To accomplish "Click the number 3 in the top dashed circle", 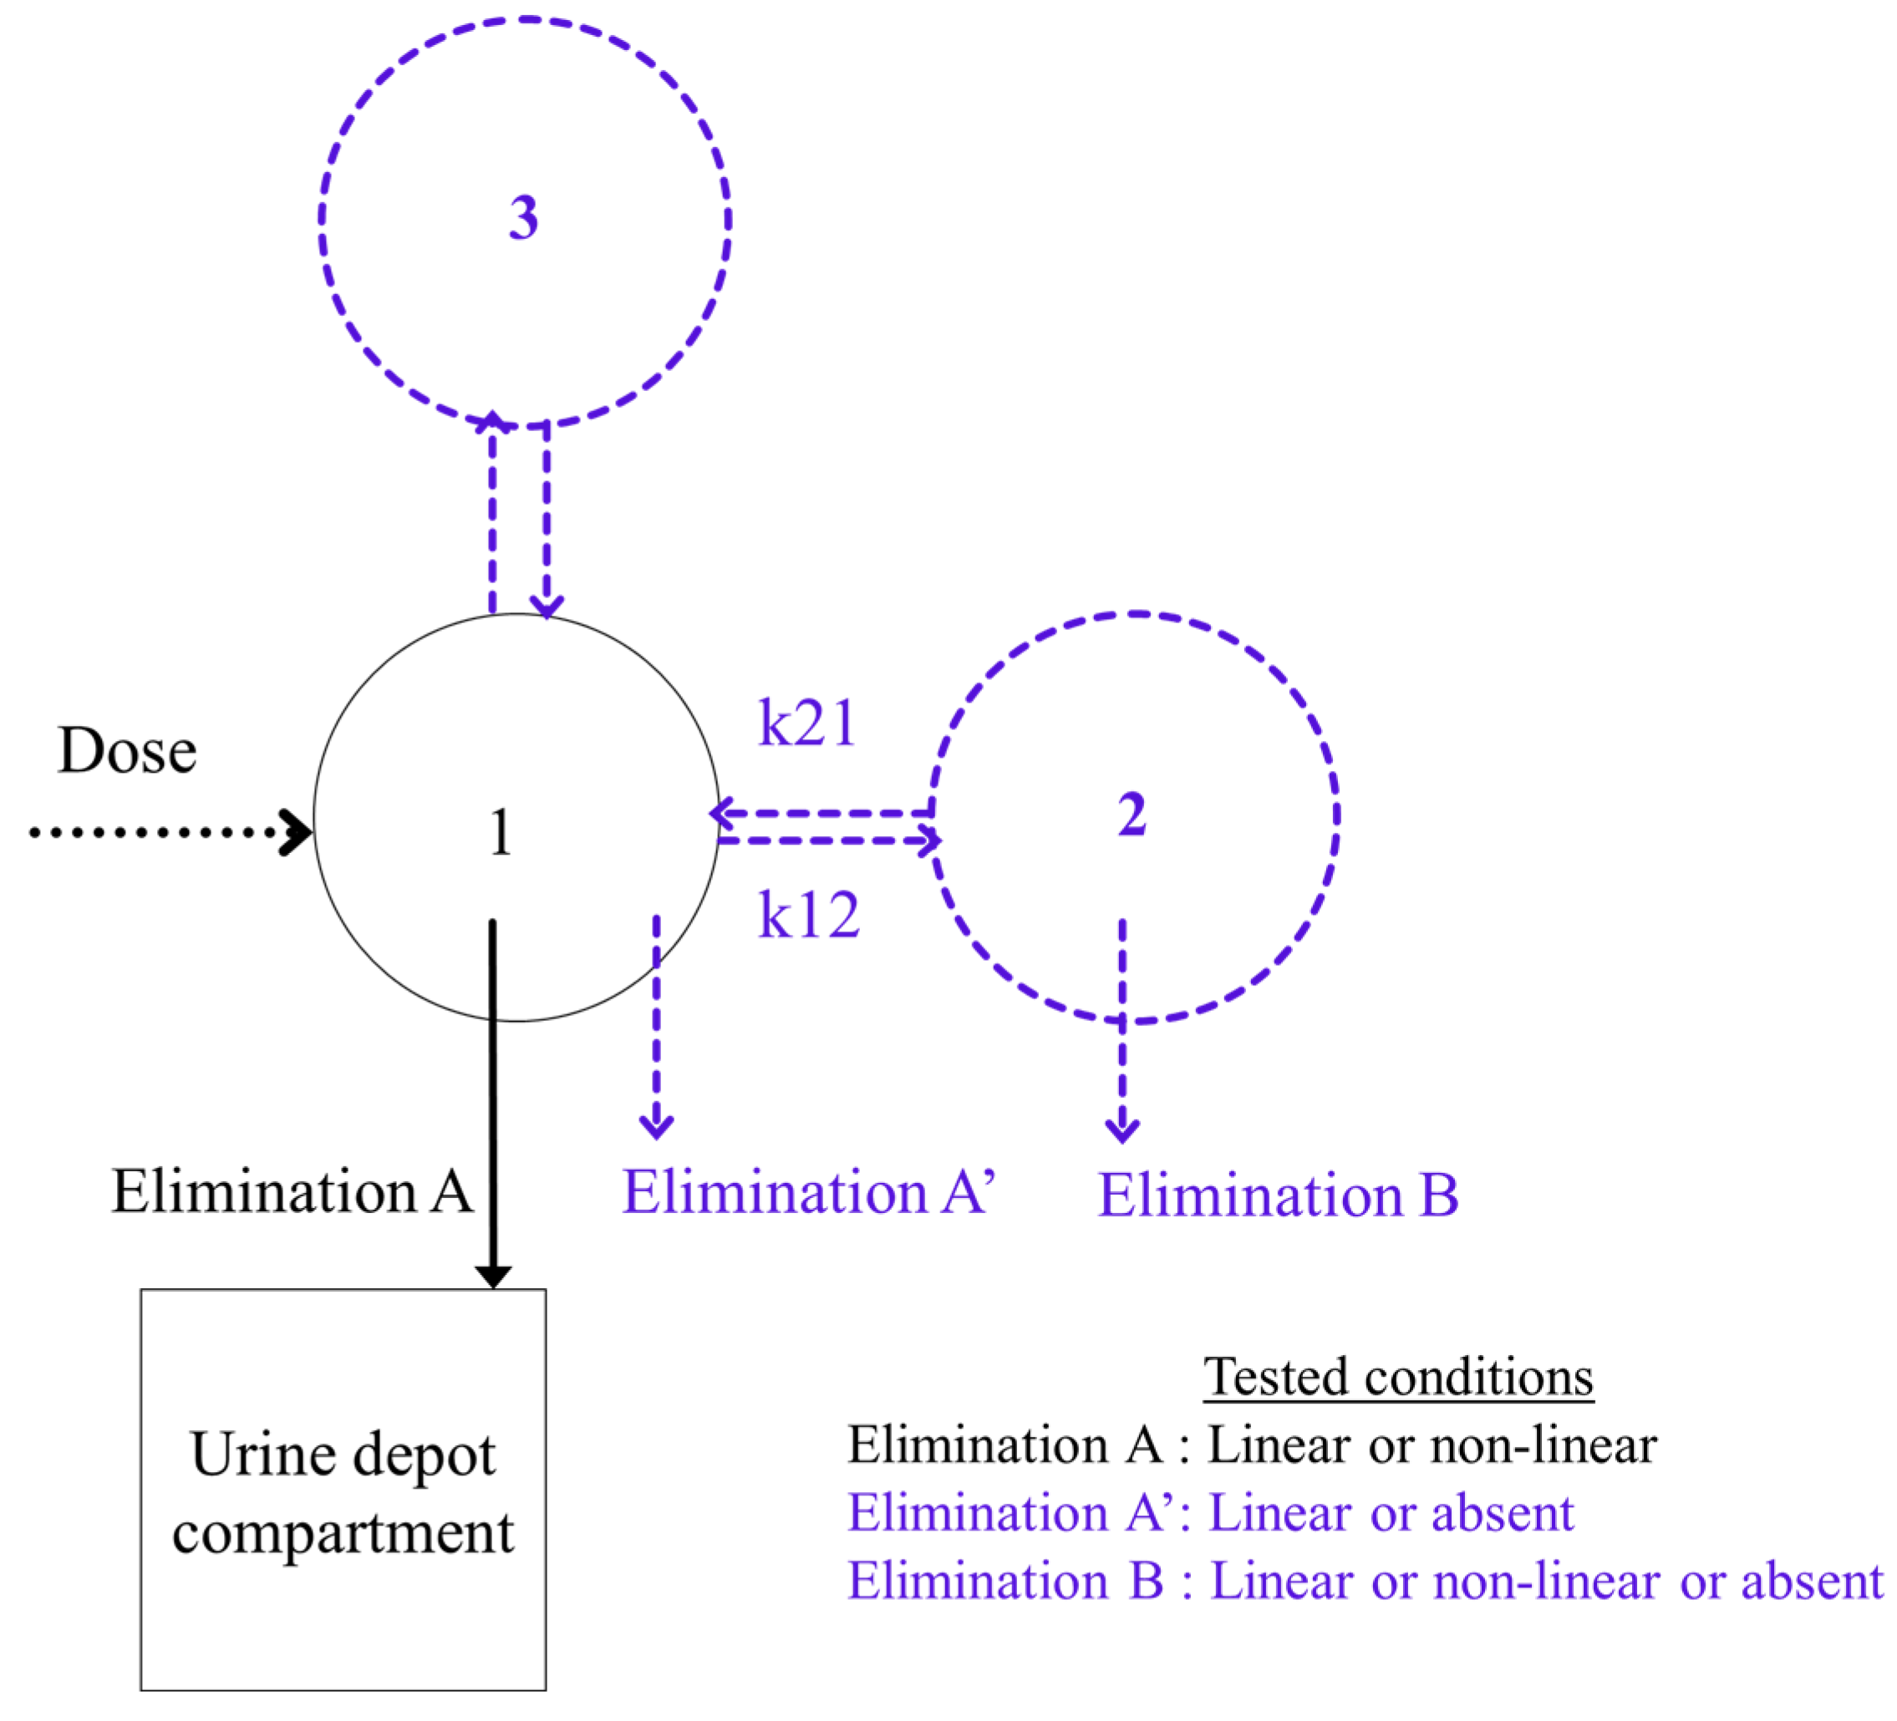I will pyautogui.click(x=523, y=217).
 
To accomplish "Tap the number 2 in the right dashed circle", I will pyautogui.click(x=1132, y=814).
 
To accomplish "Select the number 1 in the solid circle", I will pyautogui.click(x=501, y=833).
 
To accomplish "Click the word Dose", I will pyautogui.click(x=127, y=751).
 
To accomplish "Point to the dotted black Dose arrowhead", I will pyautogui.click(x=298, y=832).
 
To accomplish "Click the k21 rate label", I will pyautogui.click(x=807, y=723).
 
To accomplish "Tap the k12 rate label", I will pyautogui.click(x=809, y=915).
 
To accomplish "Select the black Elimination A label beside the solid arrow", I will pyautogui.click(x=292, y=1191).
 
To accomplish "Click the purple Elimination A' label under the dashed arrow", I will pyautogui.click(x=807, y=1192).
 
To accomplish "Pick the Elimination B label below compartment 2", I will pyautogui.click(x=1278, y=1196).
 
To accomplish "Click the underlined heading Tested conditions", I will pyautogui.click(x=1399, y=1378).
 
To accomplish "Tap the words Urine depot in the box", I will pyautogui.click(x=343, y=1454).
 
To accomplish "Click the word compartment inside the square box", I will pyautogui.click(x=343, y=1534).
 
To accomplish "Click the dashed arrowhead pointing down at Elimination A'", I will pyautogui.click(x=656, y=1125).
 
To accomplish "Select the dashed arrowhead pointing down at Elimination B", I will pyautogui.click(x=1121, y=1130).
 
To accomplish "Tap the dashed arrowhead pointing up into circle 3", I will pyautogui.click(x=492, y=422).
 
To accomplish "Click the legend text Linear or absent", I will pyautogui.click(x=1391, y=1513).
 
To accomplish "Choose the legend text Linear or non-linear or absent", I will pyautogui.click(x=1546, y=1581).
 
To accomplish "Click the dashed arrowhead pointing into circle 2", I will pyautogui.click(x=928, y=840).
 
